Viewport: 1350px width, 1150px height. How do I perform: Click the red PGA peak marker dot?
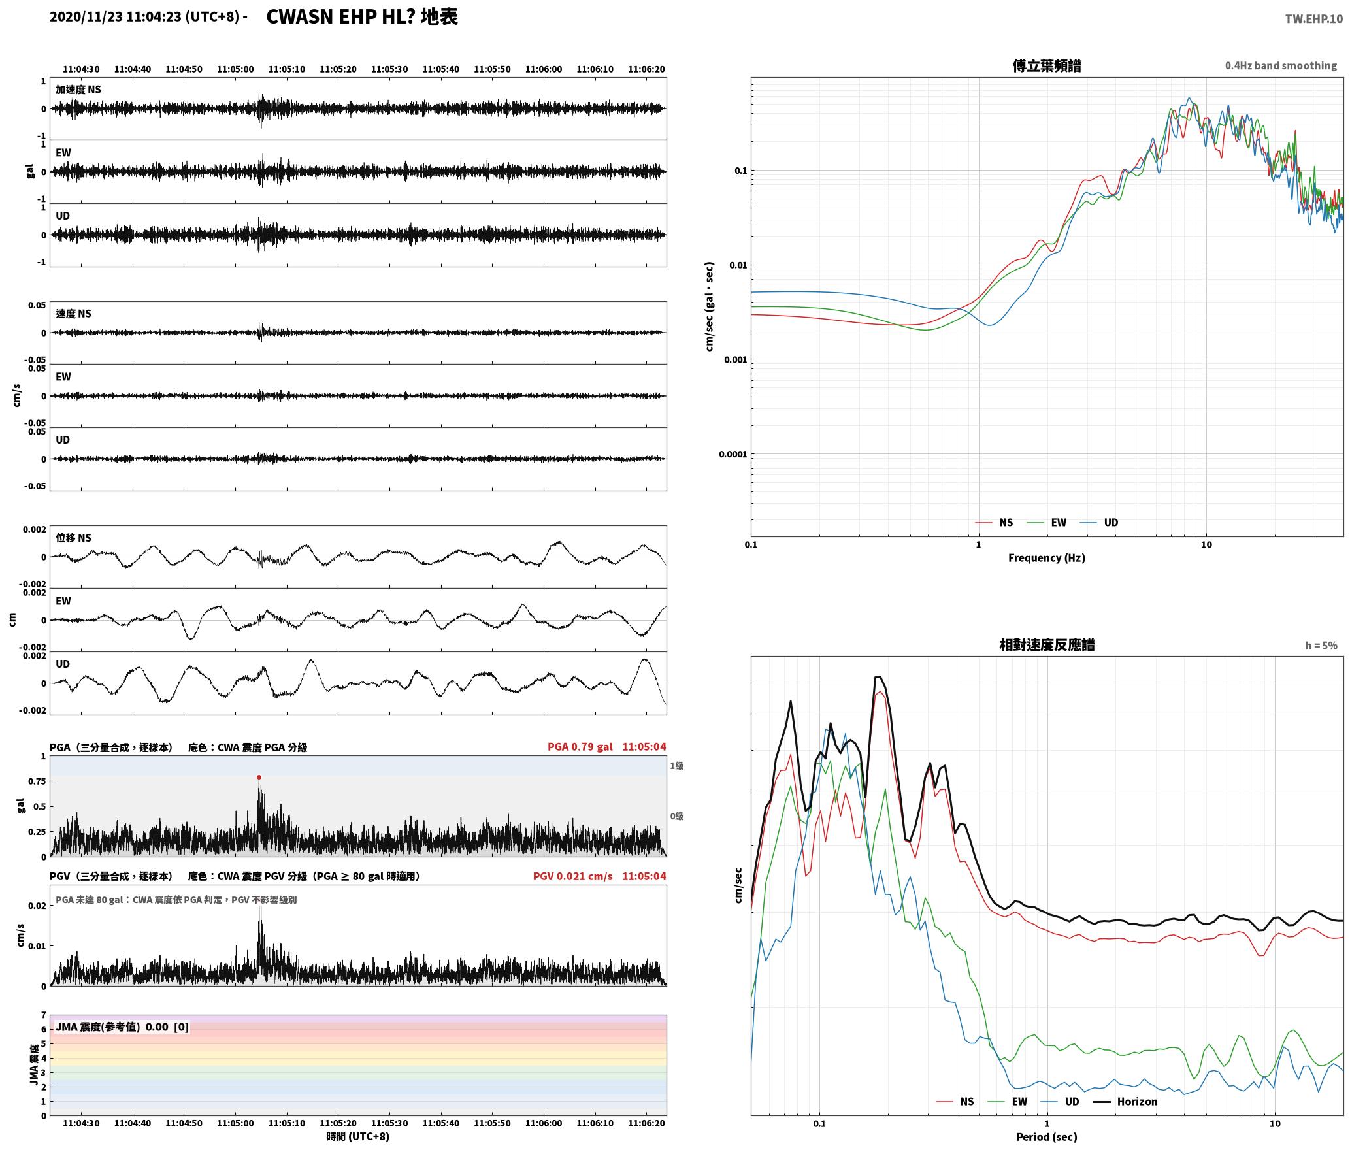259,777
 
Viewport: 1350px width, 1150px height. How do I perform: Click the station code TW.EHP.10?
1313,19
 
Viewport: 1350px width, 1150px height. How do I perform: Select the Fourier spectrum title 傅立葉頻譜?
1046,65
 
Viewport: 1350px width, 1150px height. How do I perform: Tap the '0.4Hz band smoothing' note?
1281,65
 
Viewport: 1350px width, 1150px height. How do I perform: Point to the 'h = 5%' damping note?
1321,646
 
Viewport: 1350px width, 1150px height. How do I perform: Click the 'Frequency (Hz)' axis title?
1046,557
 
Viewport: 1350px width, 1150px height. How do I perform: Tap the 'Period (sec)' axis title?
1046,1137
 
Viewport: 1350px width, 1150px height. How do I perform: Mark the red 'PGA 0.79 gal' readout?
580,747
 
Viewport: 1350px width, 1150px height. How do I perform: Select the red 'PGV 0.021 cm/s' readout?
573,876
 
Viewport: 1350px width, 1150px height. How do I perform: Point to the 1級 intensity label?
676,766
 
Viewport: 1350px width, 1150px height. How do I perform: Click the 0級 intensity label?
676,816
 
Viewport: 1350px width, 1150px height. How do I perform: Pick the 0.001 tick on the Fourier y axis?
735,360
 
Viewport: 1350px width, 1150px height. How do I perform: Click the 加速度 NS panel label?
78,90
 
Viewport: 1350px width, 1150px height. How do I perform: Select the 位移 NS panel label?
73,538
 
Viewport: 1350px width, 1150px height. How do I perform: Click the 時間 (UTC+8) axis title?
357,1136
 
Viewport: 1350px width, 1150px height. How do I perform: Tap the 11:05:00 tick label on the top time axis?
235,69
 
